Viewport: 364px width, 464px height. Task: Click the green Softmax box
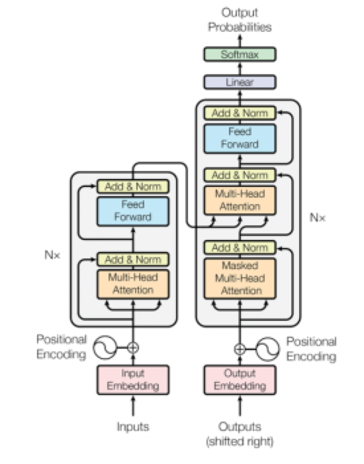[240, 54]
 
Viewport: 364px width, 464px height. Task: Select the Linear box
[240, 82]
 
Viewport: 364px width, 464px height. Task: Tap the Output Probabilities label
[240, 20]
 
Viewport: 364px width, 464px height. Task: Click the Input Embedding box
[133, 380]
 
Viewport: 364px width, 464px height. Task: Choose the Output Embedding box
[240, 380]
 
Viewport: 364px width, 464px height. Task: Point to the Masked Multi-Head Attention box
[240, 278]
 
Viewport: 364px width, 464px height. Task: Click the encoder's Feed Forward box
[133, 211]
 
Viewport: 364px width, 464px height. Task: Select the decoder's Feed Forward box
[240, 138]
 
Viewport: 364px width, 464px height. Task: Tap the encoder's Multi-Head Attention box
[133, 284]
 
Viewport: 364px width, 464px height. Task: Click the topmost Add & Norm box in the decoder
[240, 113]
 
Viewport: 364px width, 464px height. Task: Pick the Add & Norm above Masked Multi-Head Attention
[240, 248]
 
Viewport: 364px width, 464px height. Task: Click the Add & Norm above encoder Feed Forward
[133, 187]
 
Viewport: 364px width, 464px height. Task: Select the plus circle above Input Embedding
[133, 347]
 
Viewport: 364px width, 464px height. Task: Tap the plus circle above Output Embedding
[240, 349]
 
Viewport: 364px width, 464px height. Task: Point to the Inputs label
[133, 427]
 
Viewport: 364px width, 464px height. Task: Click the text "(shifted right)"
[240, 441]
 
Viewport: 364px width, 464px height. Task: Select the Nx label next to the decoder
[317, 218]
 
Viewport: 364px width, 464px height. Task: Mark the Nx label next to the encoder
[52, 255]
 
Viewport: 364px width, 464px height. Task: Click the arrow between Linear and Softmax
[240, 68]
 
